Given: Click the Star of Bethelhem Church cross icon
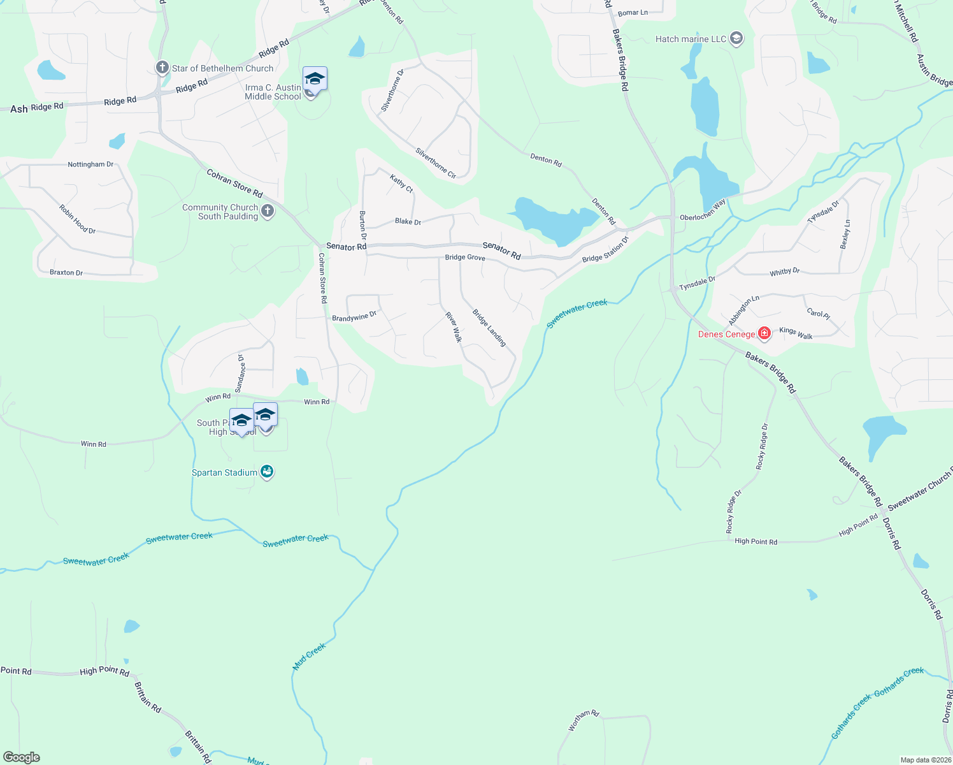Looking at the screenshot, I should (x=162, y=68).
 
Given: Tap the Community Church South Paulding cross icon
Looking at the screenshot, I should (x=268, y=211).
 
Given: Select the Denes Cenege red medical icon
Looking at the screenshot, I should (x=764, y=333).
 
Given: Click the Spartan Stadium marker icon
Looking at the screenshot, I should (x=267, y=472).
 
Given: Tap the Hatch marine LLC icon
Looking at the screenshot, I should (x=736, y=39).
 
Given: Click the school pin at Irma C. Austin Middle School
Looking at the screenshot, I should (x=315, y=80).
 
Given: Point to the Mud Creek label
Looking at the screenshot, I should (x=309, y=657).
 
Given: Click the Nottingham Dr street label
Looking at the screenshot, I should (x=90, y=164).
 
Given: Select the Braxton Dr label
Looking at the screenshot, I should (x=66, y=273).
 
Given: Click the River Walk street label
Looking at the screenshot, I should (x=453, y=327).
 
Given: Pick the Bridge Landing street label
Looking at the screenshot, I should (x=489, y=328).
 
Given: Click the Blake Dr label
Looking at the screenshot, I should (x=408, y=222).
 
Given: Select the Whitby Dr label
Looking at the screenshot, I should (x=784, y=272).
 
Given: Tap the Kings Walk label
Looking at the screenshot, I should (x=796, y=333).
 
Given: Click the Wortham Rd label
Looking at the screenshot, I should (x=584, y=721).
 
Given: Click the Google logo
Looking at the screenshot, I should (x=22, y=757).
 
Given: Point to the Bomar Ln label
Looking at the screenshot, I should (x=633, y=13).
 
